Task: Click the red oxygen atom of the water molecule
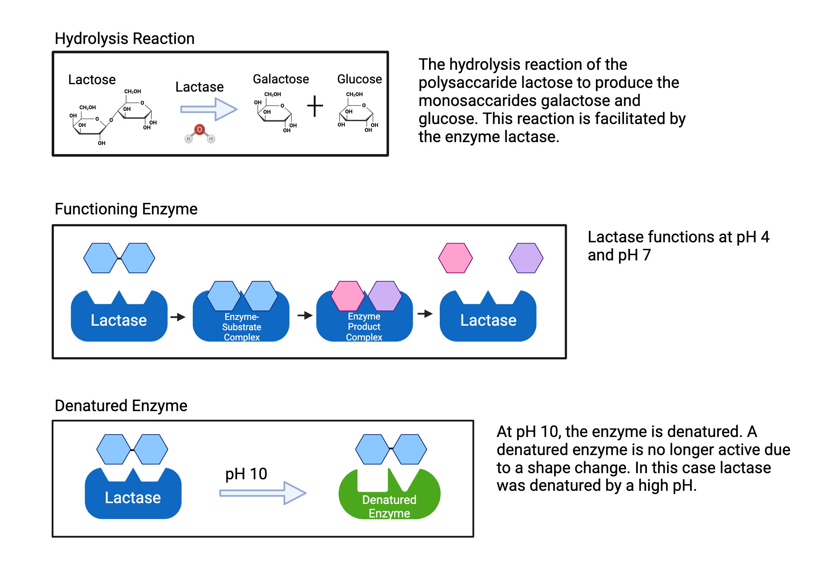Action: tap(199, 130)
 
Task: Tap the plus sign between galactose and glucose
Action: tap(315, 106)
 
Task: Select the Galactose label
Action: tap(281, 79)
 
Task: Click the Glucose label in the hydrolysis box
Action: tap(359, 79)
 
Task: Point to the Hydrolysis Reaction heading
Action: tap(125, 39)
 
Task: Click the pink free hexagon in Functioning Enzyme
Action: tap(455, 258)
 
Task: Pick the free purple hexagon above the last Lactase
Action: tap(526, 258)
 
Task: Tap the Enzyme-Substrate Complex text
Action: tap(242, 327)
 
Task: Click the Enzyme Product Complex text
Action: tap(364, 327)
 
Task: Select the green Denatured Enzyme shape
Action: tap(389, 501)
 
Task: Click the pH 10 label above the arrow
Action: tap(246, 474)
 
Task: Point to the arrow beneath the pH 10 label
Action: tap(263, 493)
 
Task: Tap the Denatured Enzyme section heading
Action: tap(121, 406)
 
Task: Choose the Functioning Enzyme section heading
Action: tap(126, 209)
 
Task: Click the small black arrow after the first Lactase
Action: tap(178, 317)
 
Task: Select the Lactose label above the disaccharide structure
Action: tap(92, 79)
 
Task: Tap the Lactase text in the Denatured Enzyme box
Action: tap(133, 497)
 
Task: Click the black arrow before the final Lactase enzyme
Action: tap(425, 314)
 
